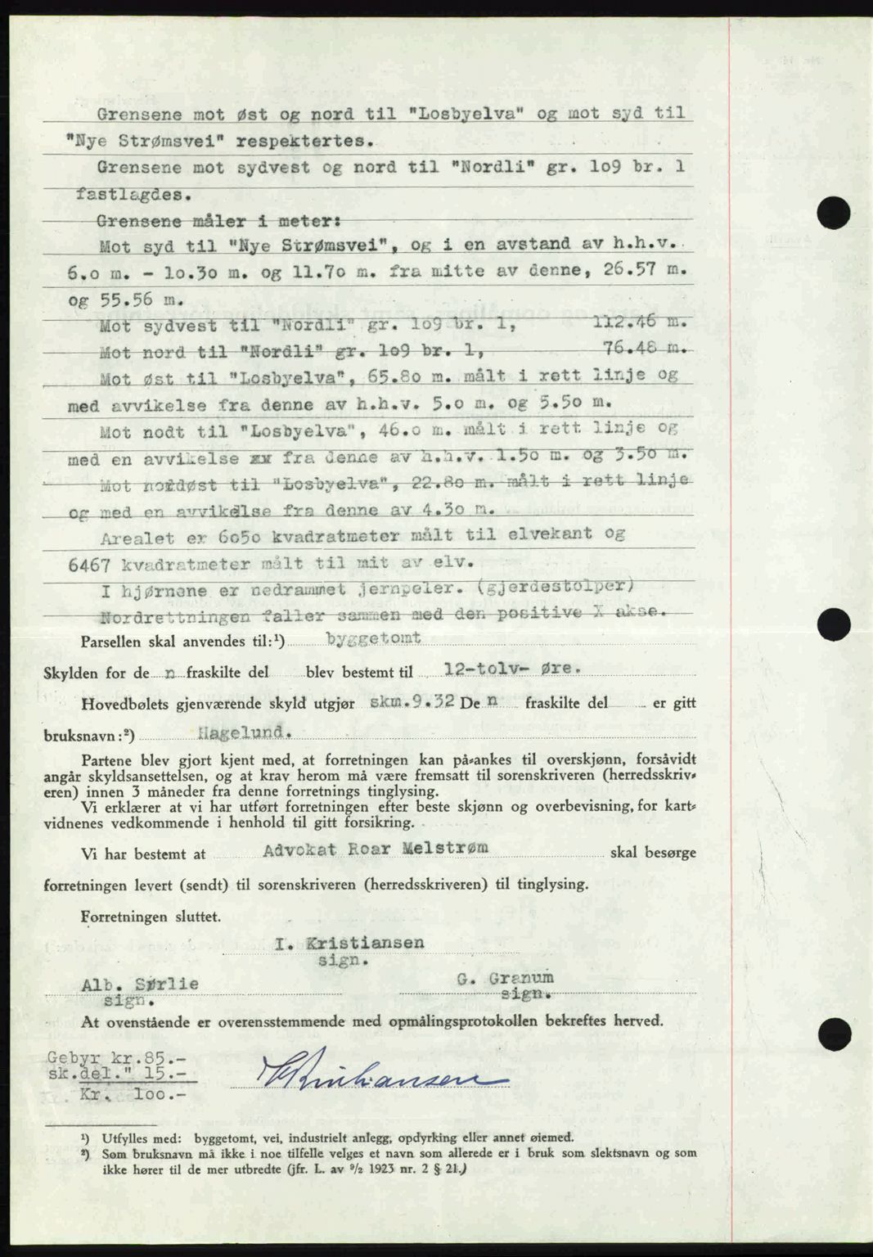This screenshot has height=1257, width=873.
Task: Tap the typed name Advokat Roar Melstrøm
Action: tap(376, 849)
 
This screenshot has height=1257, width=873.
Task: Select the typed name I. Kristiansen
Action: tap(349, 943)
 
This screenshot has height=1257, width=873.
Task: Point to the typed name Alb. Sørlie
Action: tap(140, 984)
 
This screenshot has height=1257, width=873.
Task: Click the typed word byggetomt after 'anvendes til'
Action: tap(373, 638)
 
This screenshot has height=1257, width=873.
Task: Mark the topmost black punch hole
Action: tap(834, 214)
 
